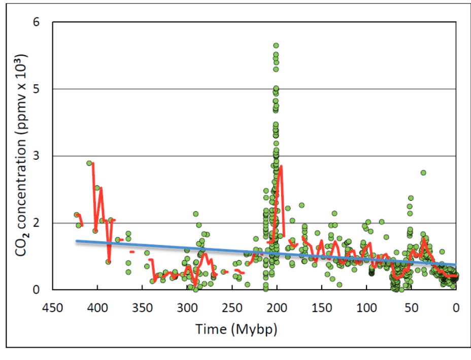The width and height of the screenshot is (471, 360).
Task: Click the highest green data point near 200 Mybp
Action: coord(276,46)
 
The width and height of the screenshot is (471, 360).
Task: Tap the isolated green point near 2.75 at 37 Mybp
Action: coord(423,172)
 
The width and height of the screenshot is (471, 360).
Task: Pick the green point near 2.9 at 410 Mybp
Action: coord(89,163)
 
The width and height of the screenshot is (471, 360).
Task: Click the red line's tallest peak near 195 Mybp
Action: coord(281,166)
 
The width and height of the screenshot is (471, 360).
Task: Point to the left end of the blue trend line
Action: coord(77,241)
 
